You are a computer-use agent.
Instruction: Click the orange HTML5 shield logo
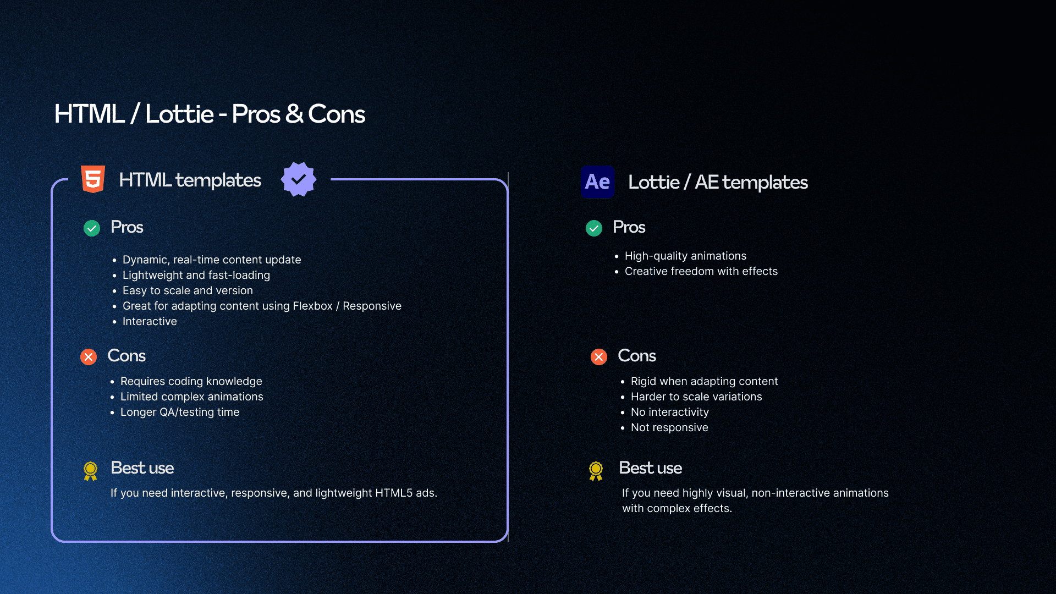pos(93,179)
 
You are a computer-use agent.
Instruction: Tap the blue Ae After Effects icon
pos(597,182)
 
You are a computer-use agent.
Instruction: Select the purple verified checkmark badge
pos(299,179)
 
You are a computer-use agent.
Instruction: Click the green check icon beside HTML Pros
pos(92,228)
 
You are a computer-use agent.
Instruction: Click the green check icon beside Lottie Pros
pos(594,228)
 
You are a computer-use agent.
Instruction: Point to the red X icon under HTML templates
pos(89,357)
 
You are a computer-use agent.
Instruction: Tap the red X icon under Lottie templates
pos(599,357)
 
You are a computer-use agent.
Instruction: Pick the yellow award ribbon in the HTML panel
pos(90,471)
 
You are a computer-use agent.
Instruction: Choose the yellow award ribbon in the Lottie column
pos(596,471)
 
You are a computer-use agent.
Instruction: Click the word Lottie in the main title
pos(179,114)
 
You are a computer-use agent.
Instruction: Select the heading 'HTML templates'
pos(190,180)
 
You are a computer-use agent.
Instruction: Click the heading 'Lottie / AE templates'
pos(718,182)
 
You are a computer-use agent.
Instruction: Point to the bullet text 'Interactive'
pos(150,321)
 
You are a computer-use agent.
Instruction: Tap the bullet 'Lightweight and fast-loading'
pos(196,275)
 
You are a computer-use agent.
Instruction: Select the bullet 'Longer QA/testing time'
pos(180,412)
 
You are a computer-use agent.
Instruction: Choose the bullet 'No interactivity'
pos(670,412)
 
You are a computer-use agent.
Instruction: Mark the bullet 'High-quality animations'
pos(685,256)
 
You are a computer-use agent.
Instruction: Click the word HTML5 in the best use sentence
pos(394,493)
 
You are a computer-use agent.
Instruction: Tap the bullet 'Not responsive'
pos(669,427)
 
